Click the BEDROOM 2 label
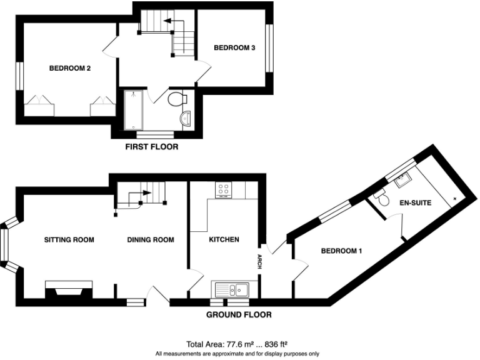(x=71, y=69)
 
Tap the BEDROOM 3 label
(x=234, y=47)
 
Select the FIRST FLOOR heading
(x=152, y=147)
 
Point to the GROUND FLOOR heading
(x=239, y=315)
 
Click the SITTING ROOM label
(x=69, y=239)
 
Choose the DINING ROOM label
(x=150, y=239)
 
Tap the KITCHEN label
(x=224, y=239)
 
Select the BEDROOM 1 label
(x=341, y=251)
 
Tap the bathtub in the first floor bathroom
(x=134, y=111)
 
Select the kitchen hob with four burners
(x=224, y=189)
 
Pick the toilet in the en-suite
(x=382, y=199)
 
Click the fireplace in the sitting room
(x=69, y=289)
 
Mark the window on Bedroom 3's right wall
(x=270, y=48)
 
